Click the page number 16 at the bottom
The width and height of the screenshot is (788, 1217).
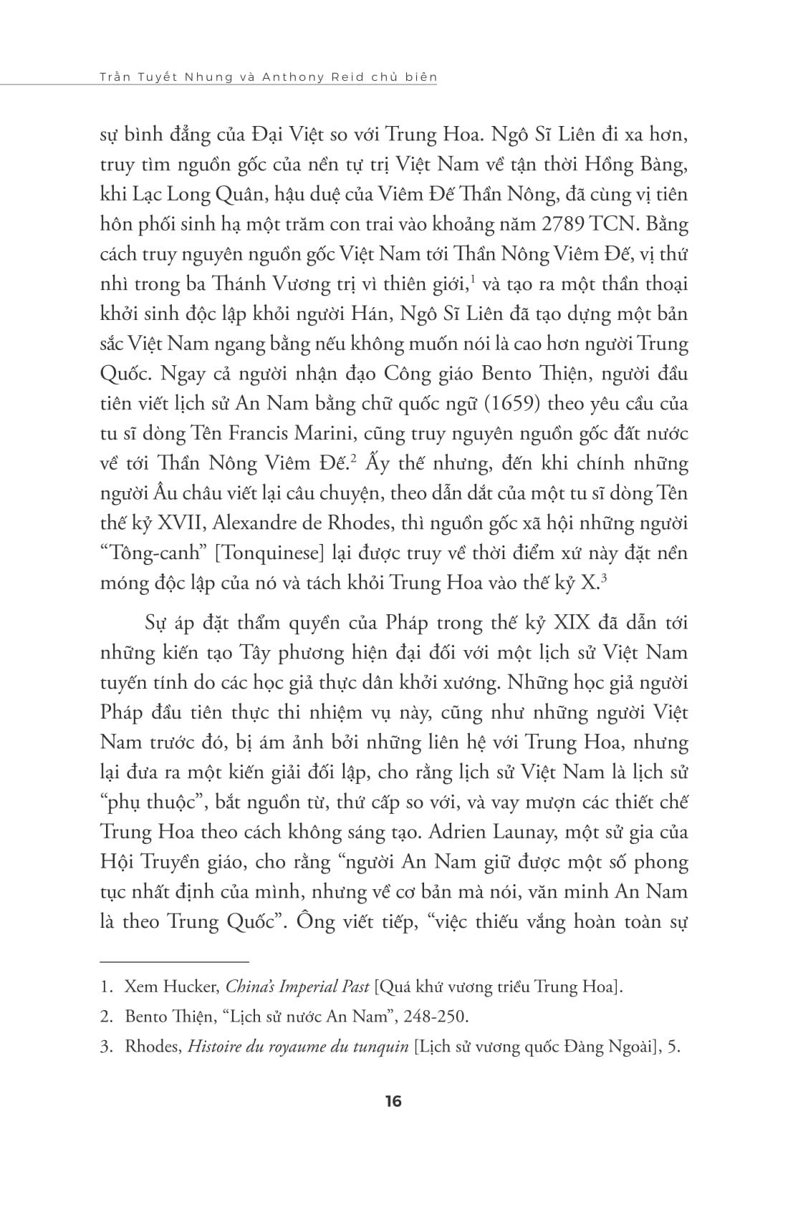(x=393, y=1101)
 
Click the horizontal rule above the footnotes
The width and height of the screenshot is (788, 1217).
(x=174, y=962)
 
